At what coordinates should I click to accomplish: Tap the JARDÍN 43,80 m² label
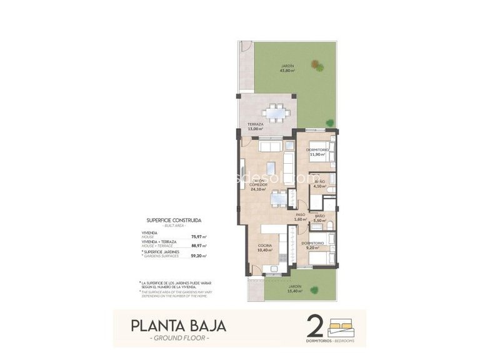pyautogui.click(x=287, y=68)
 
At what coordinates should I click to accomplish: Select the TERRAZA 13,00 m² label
pyautogui.click(x=254, y=127)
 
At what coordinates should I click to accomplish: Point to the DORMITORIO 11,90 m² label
pyautogui.click(x=317, y=152)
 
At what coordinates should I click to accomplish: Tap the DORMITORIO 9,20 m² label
pyautogui.click(x=312, y=245)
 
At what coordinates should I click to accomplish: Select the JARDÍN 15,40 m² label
pyautogui.click(x=294, y=289)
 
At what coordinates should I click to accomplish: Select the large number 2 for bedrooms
pyautogui.click(x=316, y=326)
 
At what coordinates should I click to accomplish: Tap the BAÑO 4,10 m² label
pyautogui.click(x=319, y=182)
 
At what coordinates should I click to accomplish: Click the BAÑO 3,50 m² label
pyautogui.click(x=319, y=219)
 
